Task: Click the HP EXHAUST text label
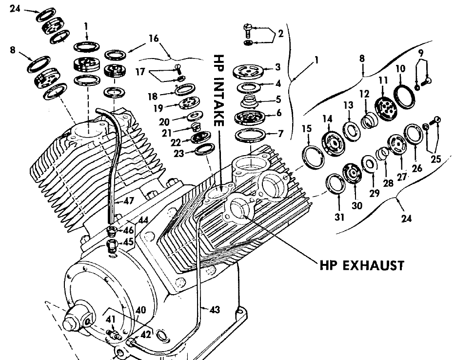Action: click(x=361, y=266)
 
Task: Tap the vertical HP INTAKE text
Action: click(x=218, y=90)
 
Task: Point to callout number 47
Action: click(x=129, y=200)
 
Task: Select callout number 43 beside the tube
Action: click(x=215, y=309)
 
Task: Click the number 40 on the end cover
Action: click(x=140, y=309)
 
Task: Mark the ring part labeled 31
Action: click(x=336, y=184)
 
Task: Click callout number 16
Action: click(x=154, y=38)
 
